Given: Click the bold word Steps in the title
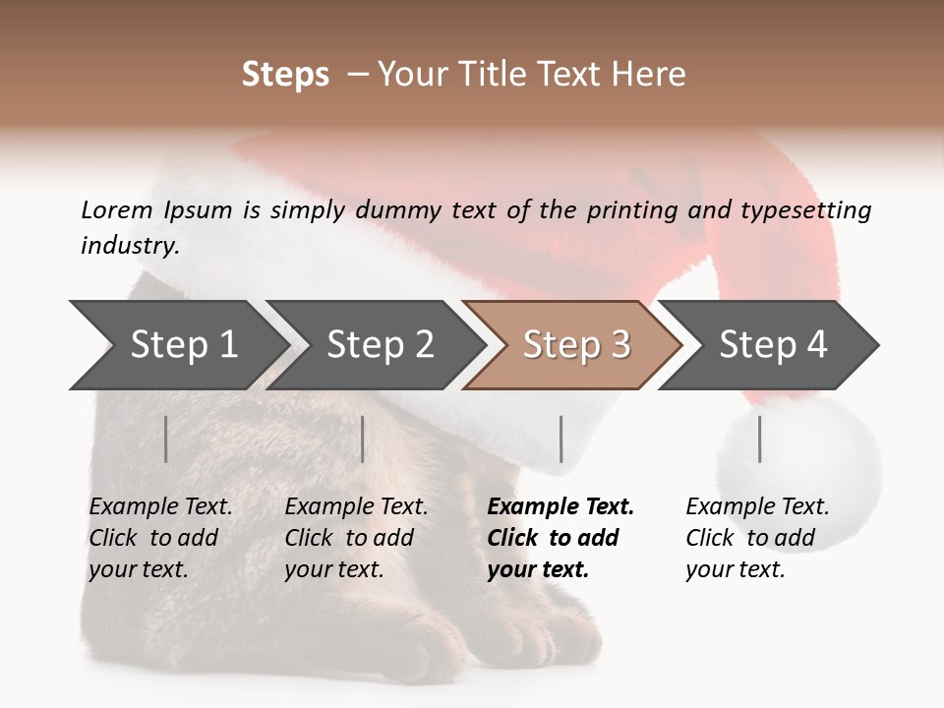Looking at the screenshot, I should tap(285, 75).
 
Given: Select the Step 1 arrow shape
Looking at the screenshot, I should tap(177, 344).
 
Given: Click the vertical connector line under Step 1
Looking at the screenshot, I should tap(166, 439).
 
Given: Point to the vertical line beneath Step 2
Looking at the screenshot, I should tap(363, 439).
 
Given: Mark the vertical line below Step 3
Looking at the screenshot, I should tap(560, 439).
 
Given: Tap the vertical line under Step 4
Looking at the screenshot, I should tap(759, 439).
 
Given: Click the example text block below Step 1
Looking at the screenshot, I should tap(160, 538).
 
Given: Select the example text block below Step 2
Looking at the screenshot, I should tap(356, 538).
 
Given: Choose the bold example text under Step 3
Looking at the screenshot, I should tap(560, 538).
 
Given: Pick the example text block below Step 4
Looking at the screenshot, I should tap(757, 538).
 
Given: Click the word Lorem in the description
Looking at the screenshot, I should tap(117, 209).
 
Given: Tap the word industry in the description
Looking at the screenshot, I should tap(129, 245).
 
